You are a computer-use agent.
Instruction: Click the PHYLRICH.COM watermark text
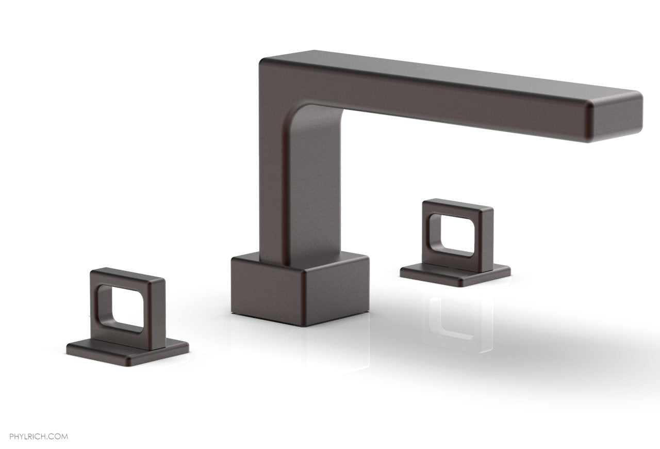[34, 422]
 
